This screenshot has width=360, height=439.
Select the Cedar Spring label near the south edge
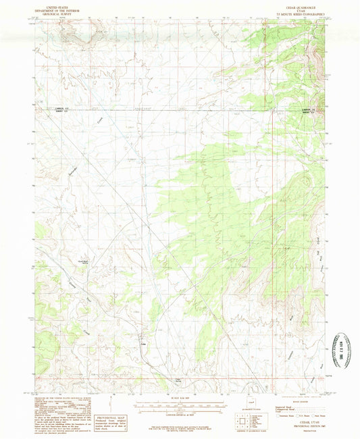(179, 380)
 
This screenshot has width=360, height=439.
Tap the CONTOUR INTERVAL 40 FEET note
(180, 413)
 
